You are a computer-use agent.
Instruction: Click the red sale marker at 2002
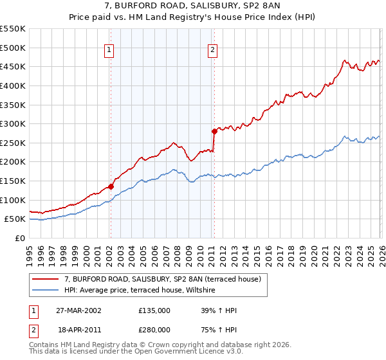pos(111,186)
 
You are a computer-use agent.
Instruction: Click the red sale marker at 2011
pos(214,131)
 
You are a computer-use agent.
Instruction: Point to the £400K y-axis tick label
pos(13,85)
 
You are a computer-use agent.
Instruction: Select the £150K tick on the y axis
pos(13,181)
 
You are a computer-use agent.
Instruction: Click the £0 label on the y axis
pos(19,239)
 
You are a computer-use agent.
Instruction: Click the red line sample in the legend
pos(46,280)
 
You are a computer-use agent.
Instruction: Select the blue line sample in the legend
pos(46,291)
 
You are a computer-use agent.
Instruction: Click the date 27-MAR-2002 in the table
pos(78,310)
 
